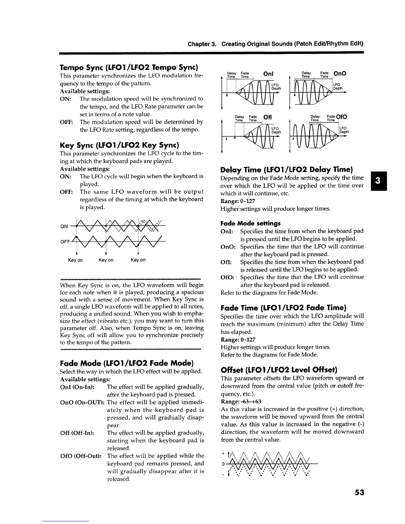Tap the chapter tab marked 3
377,181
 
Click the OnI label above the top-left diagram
268,74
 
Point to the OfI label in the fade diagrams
268,117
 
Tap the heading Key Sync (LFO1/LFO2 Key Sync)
119,145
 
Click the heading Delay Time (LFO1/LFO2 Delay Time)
287,170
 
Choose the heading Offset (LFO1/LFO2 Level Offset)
279,370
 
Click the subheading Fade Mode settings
250,223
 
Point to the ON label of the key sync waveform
64,227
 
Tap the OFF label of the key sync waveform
65,242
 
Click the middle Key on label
106,260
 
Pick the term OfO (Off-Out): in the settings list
81,456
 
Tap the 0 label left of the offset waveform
224,464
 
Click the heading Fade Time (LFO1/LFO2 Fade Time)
284,308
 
